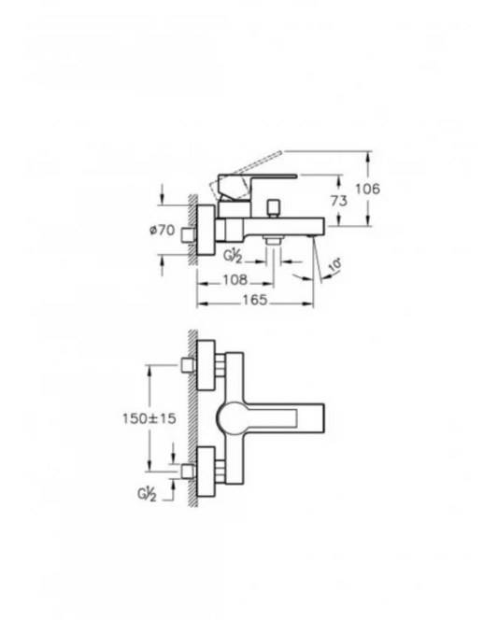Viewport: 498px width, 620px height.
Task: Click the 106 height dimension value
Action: [369, 190]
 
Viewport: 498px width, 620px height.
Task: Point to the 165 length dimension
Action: [253, 300]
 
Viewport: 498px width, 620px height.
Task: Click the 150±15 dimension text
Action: [147, 419]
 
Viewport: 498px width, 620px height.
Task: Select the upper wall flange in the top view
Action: [208, 365]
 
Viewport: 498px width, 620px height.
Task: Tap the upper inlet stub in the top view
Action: [191, 365]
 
